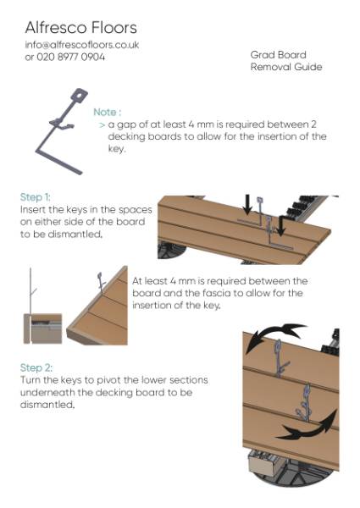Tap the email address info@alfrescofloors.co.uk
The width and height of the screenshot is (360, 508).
[x=82, y=45]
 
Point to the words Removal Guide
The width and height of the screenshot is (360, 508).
[x=286, y=67]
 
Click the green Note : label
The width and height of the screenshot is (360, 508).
[x=108, y=112]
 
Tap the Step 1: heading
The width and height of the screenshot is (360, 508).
[x=36, y=196]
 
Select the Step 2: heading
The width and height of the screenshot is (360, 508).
[x=36, y=368]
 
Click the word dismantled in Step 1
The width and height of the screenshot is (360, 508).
[x=70, y=235]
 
